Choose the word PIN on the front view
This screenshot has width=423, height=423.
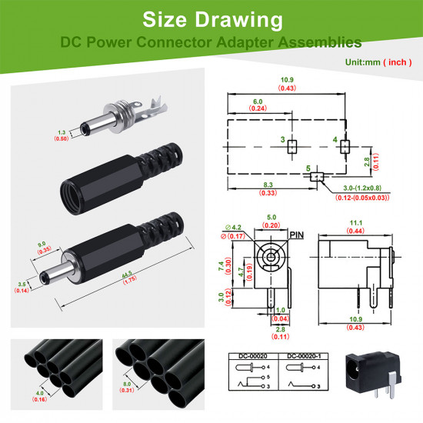point(298,234)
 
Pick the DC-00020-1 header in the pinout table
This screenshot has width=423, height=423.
point(308,357)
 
